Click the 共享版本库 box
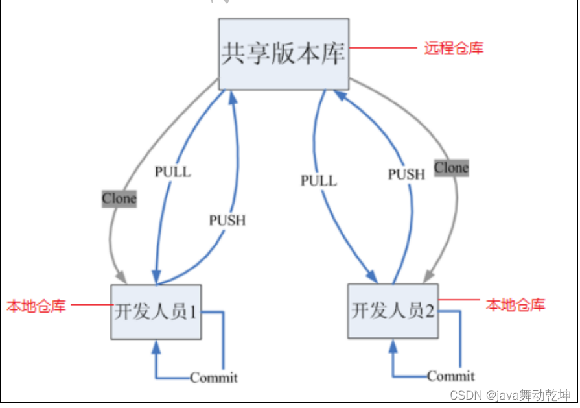click(283, 54)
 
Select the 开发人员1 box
click(156, 311)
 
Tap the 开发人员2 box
click(392, 311)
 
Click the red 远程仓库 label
click(454, 48)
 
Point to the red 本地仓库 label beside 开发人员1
click(36, 306)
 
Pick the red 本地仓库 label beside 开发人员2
click(516, 304)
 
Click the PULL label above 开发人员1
click(173, 172)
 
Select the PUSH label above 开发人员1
click(227, 221)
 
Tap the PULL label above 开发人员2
click(319, 181)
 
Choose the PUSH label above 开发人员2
click(406, 174)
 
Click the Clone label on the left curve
click(119, 199)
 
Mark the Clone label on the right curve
click(451, 168)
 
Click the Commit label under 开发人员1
click(214, 378)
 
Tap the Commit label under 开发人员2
click(451, 376)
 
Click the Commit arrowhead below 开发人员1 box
click(156, 346)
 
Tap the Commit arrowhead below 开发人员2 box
click(393, 345)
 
